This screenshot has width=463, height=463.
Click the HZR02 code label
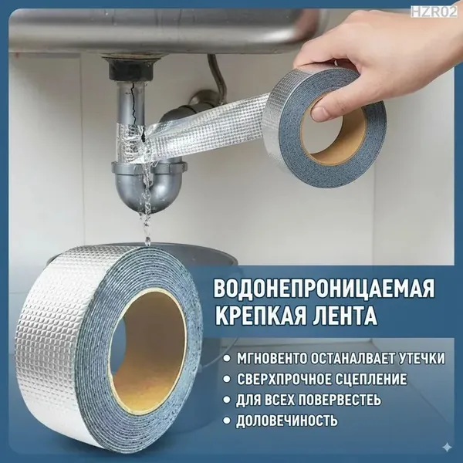433,12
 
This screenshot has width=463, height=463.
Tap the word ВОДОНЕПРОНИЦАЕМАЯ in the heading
324,288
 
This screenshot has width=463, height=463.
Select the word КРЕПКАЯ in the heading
261,315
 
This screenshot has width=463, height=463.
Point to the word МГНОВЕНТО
271,358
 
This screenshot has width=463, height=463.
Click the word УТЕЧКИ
421,358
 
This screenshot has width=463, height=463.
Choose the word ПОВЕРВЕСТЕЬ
340,400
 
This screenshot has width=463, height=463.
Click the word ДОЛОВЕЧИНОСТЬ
287,421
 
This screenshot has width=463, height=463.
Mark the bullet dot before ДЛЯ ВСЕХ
226,400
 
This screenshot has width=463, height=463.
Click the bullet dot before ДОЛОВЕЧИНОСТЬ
226,421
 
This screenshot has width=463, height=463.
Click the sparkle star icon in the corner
448,448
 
